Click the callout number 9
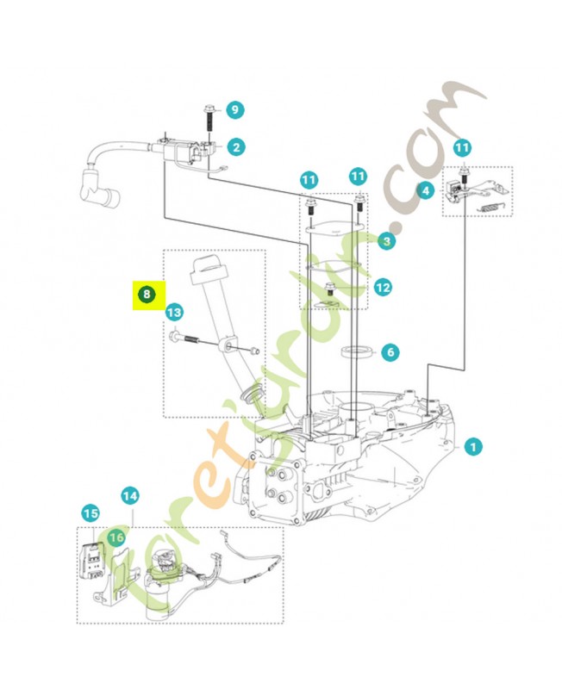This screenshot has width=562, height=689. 234,109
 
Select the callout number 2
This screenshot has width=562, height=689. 234,147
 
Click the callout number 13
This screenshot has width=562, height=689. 174,312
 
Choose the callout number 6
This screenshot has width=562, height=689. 390,351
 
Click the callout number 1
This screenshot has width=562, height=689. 472,447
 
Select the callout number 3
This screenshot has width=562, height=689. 387,242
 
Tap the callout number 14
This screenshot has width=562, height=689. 129,496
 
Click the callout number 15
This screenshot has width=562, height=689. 91,513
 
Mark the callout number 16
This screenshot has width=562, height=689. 118,537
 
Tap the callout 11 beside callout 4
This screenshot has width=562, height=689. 463,147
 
